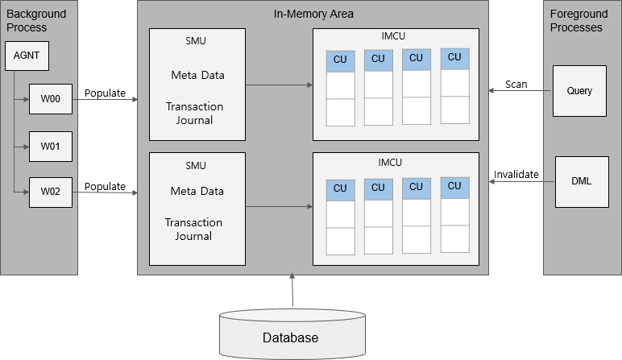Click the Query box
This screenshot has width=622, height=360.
tap(579, 90)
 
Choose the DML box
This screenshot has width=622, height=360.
tap(579, 181)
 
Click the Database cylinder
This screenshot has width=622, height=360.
tap(290, 337)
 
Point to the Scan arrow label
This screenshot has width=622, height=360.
tap(516, 84)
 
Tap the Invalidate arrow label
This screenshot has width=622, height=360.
tap(516, 174)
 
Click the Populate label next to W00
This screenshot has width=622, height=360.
tap(105, 93)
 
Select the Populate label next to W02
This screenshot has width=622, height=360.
tap(105, 186)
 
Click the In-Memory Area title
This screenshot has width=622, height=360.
tap(313, 14)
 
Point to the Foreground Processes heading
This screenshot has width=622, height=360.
tap(575, 21)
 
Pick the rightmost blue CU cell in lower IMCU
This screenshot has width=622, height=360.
tap(454, 186)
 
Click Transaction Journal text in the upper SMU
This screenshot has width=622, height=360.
tap(194, 114)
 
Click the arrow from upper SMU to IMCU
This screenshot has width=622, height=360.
tap(279, 84)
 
